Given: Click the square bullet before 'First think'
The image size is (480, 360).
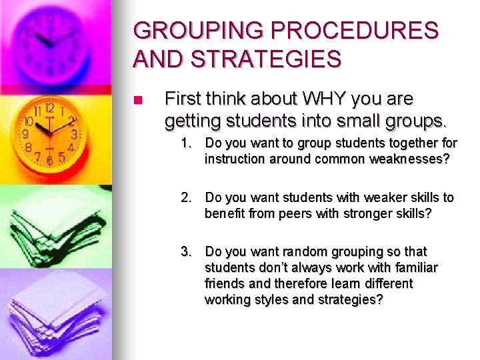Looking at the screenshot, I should point(138,101).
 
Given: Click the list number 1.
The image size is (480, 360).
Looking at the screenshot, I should point(187,143).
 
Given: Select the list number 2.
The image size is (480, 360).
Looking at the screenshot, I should point(187,198).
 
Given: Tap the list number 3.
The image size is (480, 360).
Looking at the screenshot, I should point(187,252).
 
